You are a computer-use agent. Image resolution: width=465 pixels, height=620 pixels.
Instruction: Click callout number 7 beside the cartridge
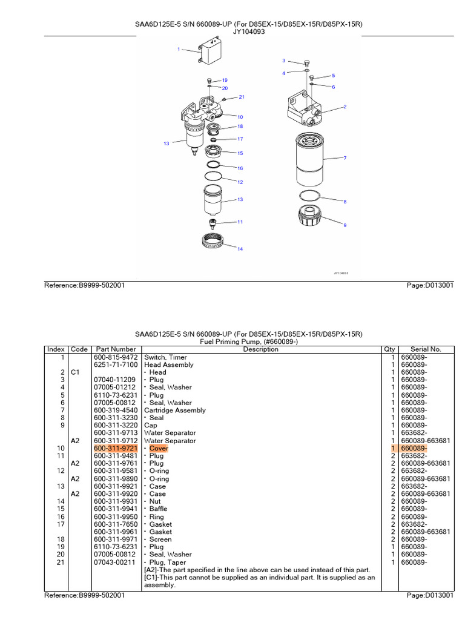pos(345,158)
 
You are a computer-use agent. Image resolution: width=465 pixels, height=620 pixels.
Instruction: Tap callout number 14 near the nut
pos(240,249)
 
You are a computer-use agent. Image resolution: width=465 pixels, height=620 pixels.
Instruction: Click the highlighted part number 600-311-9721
pos(115,449)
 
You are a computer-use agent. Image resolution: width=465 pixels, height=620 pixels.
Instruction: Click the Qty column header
pos(389,349)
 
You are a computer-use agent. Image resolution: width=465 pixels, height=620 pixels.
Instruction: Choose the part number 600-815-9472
pos(115,357)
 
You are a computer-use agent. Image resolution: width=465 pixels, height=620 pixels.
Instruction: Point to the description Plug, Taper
pos(167,562)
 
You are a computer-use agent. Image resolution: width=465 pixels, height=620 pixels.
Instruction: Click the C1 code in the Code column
pos(75,372)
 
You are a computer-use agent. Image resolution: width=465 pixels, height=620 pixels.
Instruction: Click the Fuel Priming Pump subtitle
pos(251,342)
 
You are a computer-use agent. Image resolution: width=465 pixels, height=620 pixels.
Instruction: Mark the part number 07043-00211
pos(115,562)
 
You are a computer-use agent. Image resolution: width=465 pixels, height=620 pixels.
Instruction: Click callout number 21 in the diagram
pos(241,97)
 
